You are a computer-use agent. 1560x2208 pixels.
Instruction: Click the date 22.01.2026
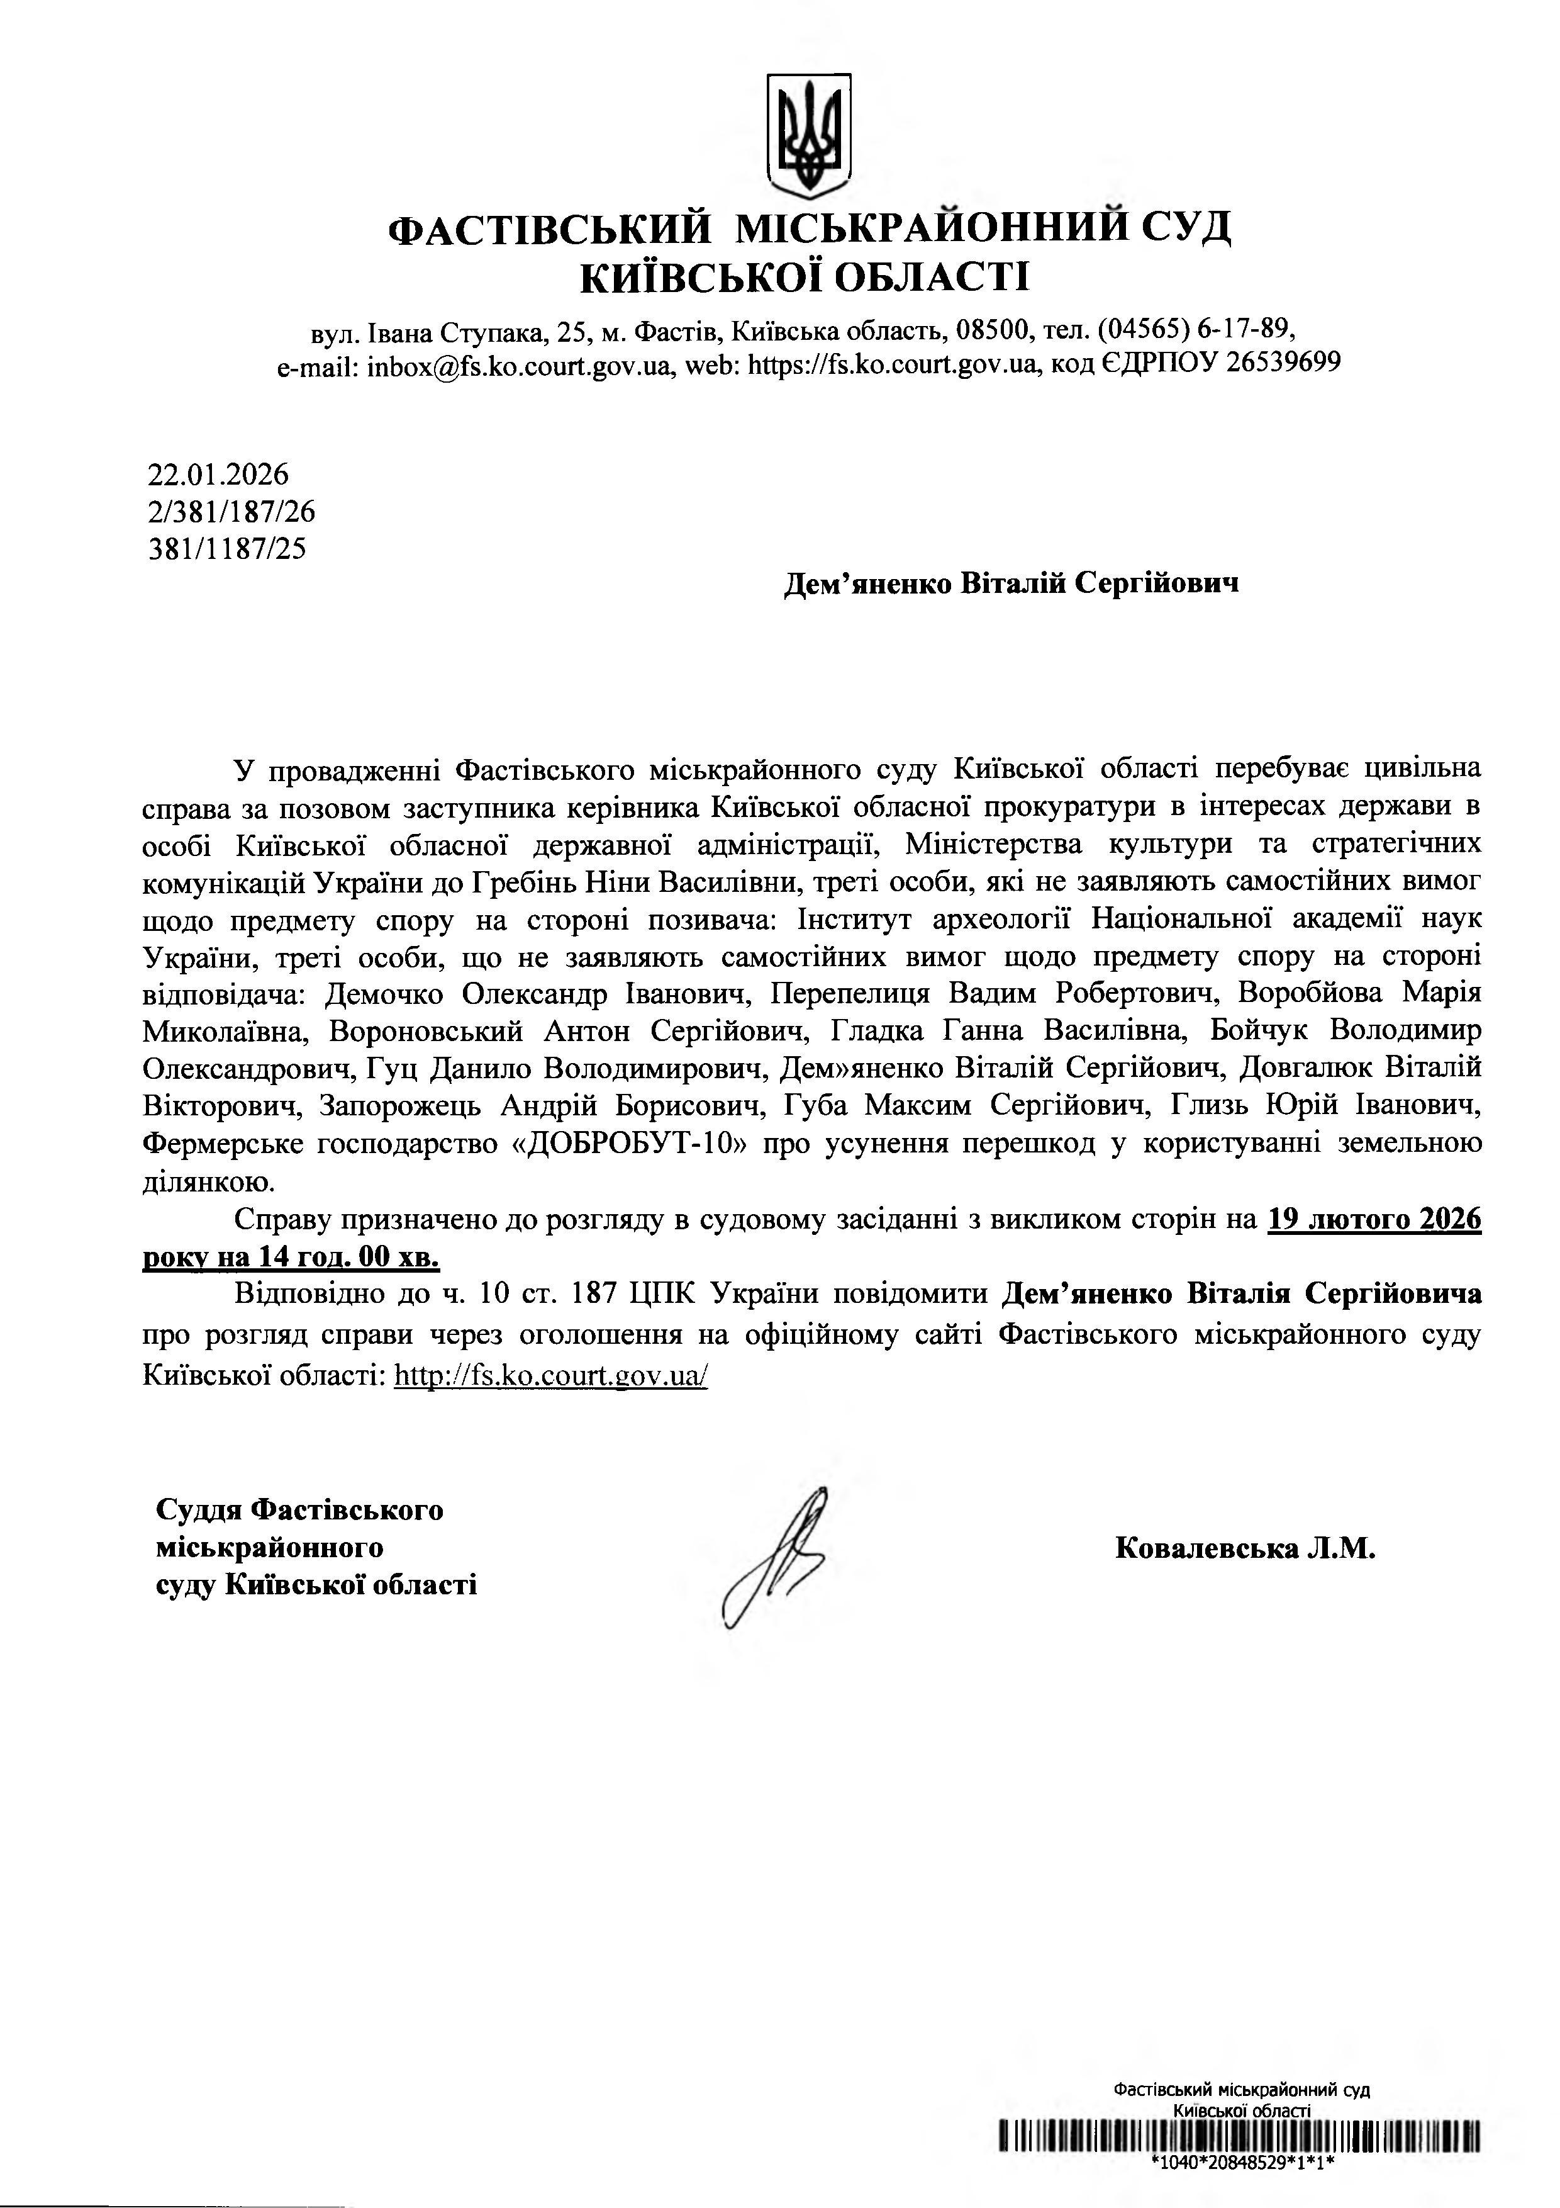coord(218,475)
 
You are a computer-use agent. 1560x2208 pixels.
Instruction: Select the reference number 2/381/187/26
coord(231,512)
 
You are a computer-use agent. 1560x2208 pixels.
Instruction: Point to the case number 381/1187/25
coord(227,548)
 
